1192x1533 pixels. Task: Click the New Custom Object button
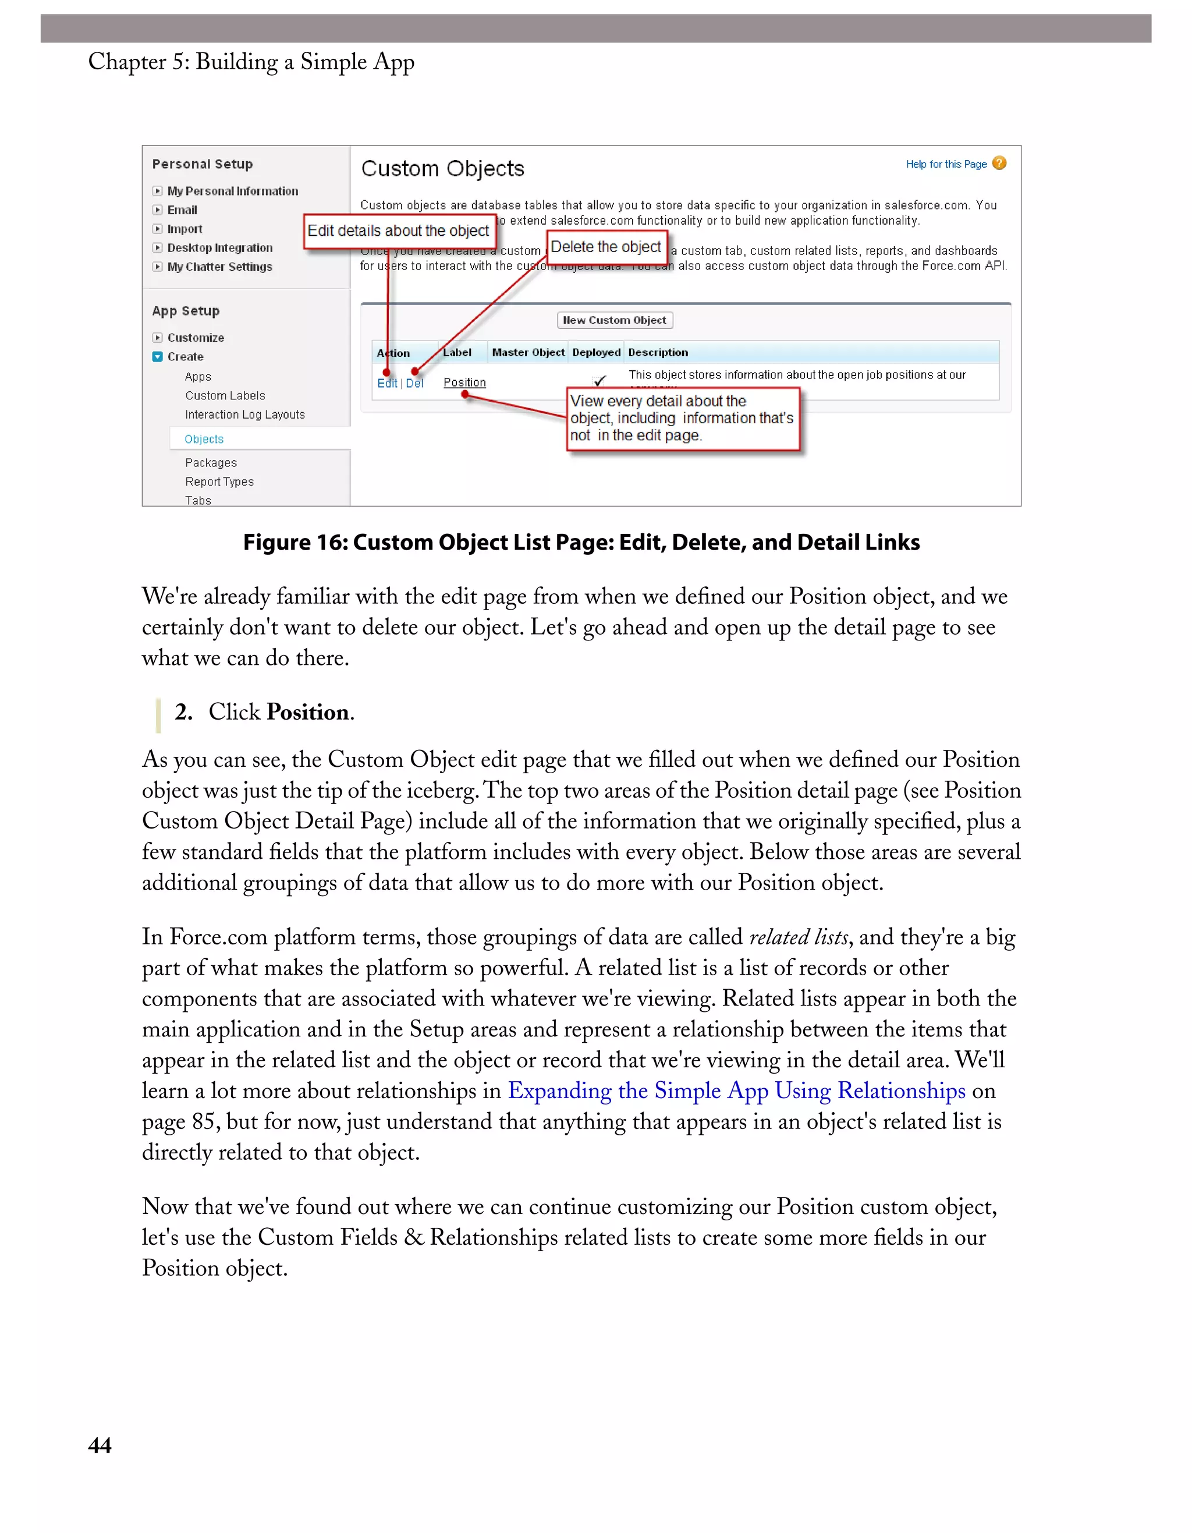point(615,320)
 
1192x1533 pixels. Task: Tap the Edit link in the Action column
point(386,383)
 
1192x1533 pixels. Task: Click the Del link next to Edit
point(414,383)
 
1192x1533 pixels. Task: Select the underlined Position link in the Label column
point(464,383)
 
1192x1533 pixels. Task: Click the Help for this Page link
point(946,164)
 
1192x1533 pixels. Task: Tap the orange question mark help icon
point(1000,164)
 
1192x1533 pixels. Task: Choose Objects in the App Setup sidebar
point(204,440)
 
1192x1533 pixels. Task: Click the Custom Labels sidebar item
point(225,396)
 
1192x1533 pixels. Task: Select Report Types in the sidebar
point(219,482)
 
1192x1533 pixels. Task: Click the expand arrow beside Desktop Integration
point(158,248)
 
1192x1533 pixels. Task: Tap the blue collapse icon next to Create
point(158,356)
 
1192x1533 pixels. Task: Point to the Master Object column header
point(528,352)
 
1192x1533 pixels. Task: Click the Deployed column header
point(597,352)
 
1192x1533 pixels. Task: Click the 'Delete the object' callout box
point(606,247)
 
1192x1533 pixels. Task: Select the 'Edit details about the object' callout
point(399,231)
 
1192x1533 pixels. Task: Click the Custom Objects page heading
point(443,169)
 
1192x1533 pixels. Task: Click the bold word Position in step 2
point(308,713)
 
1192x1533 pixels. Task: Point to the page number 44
point(100,1445)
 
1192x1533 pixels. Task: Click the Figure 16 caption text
point(581,543)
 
